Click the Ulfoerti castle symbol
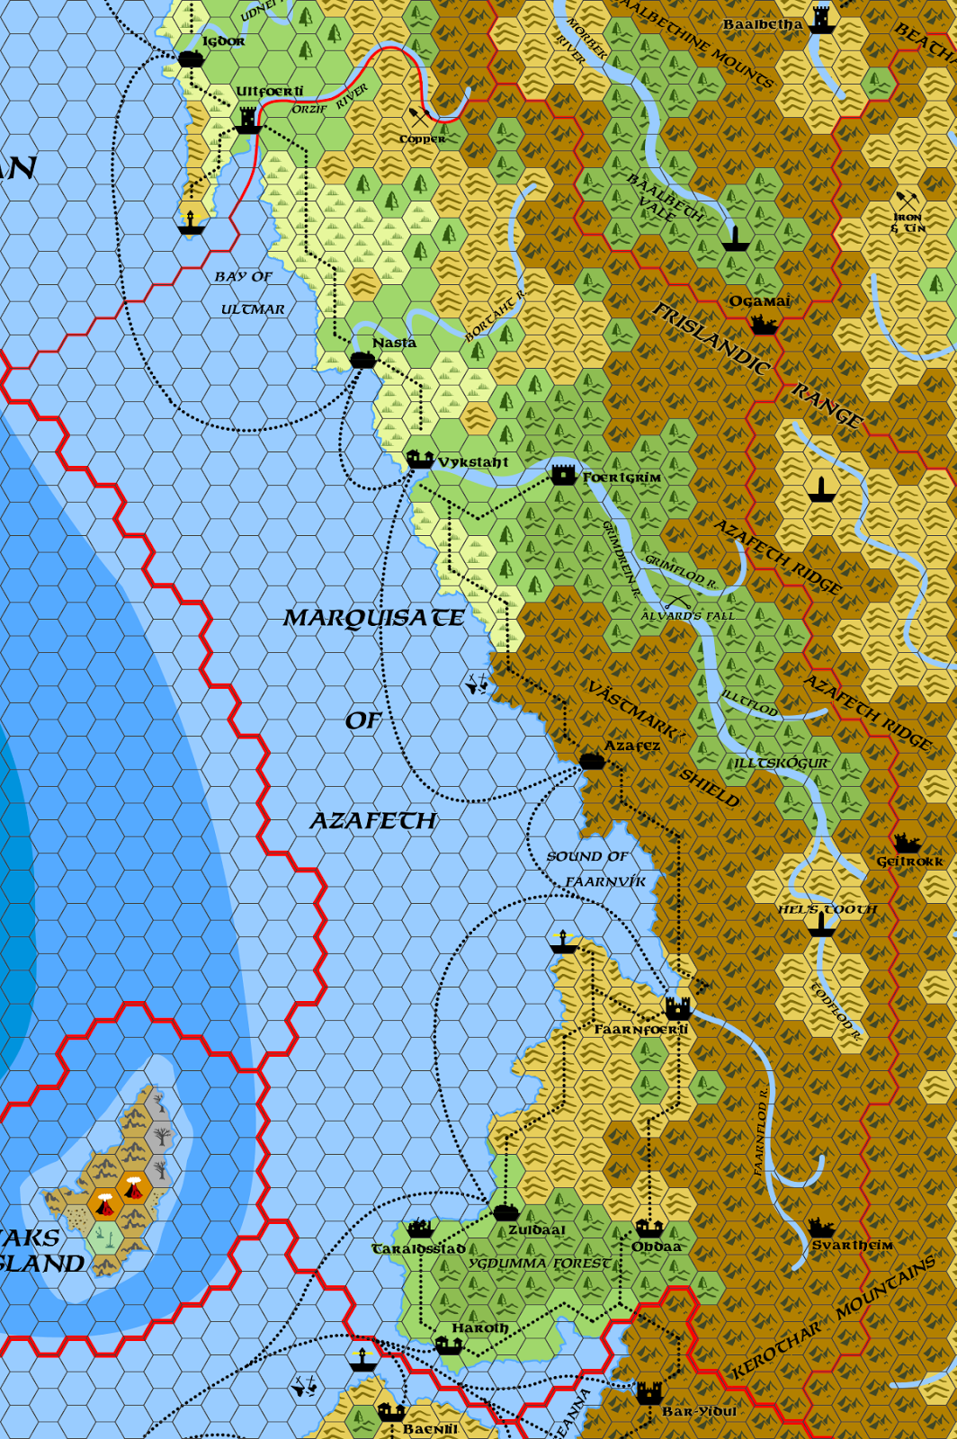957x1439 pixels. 248,119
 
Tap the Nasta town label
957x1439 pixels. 394,343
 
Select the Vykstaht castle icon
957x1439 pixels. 419,459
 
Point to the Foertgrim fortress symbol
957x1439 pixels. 563,474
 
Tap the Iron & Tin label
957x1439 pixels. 908,222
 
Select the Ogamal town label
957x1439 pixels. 759,301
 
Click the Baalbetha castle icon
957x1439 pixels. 820,20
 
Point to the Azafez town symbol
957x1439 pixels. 591,761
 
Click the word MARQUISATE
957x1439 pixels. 373,618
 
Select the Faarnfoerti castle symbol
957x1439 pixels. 677,1006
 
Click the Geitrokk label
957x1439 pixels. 909,861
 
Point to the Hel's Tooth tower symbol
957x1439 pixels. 819,925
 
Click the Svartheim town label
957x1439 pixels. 852,1245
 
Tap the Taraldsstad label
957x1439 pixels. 418,1248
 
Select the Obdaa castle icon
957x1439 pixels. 648,1228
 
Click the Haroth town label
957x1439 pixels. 479,1327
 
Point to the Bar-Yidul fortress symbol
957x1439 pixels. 648,1394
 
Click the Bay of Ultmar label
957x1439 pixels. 246,292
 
